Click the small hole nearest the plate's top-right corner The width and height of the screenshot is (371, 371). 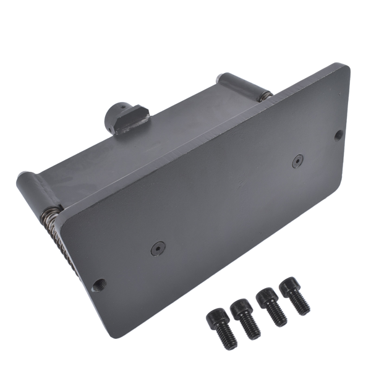[x=338, y=134]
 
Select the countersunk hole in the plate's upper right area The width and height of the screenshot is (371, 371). [x=298, y=160]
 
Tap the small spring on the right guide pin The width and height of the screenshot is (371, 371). [x=264, y=95]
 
